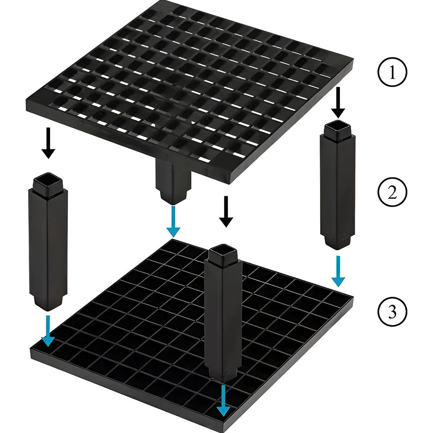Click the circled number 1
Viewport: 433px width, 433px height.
pos(392,72)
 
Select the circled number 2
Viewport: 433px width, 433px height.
pos(392,192)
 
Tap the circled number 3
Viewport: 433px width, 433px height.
pos(392,312)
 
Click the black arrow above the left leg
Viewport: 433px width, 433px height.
pos(48,143)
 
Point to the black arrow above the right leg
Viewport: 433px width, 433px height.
pos(338,103)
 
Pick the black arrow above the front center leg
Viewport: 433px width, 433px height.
pos(226,212)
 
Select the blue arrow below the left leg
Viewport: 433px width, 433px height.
pos(48,331)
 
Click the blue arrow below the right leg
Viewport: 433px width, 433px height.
pos(338,271)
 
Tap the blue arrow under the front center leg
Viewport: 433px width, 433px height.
pos(223,401)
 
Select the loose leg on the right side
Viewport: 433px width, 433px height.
pos(337,184)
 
